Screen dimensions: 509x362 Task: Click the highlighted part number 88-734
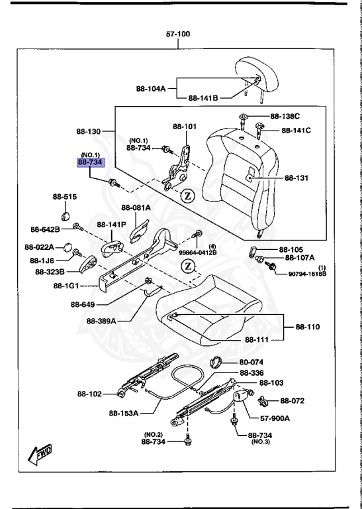click(x=91, y=162)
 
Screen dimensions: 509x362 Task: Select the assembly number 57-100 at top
click(x=179, y=34)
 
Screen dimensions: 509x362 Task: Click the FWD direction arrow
click(x=40, y=455)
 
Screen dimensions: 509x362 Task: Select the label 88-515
click(x=65, y=197)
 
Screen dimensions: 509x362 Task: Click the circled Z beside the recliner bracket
click(x=188, y=196)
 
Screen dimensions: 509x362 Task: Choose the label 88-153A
click(x=123, y=413)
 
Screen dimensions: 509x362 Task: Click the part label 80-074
click(x=251, y=363)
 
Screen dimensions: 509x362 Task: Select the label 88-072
click(x=293, y=400)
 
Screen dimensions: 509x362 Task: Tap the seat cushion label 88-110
click(x=307, y=327)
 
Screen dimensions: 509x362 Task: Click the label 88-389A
click(x=101, y=321)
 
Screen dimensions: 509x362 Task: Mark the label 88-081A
click(x=137, y=207)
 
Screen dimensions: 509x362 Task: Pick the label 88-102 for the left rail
click(x=89, y=394)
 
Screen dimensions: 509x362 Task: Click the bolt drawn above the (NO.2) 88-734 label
click(x=189, y=441)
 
